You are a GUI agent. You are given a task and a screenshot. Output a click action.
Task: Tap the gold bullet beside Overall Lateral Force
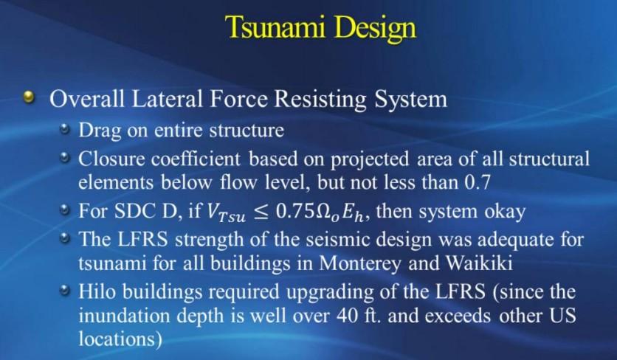29,97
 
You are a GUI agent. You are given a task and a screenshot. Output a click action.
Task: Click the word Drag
100,131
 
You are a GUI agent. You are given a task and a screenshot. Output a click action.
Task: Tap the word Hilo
97,291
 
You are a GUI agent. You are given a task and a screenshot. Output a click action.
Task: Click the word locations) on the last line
120,339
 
